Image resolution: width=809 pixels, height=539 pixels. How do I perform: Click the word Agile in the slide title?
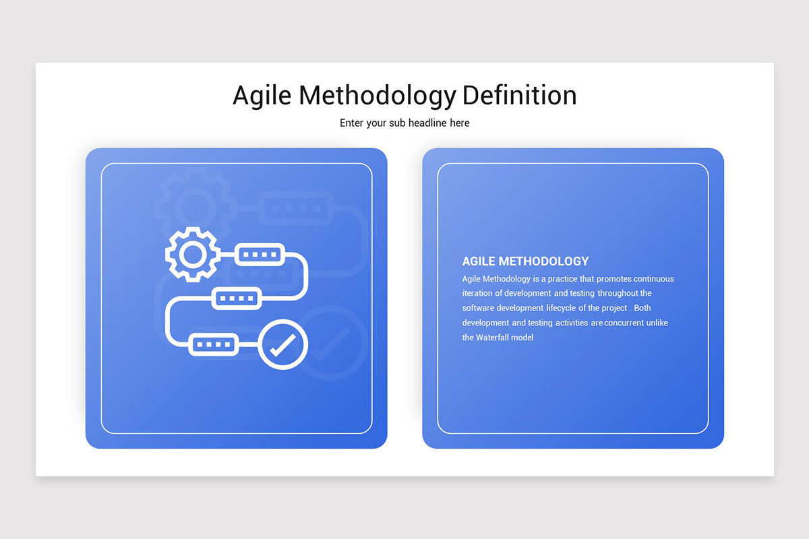262,96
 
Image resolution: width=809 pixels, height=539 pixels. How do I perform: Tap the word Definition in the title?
519,95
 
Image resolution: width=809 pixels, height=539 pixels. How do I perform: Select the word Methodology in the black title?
378,96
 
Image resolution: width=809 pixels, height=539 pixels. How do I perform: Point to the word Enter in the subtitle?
352,123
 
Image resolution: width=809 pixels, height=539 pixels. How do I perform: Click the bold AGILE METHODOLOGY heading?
525,261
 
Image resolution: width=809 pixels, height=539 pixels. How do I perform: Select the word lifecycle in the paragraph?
561,308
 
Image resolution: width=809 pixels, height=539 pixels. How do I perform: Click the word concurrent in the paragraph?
624,323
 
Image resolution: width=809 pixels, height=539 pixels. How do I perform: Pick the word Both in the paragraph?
642,308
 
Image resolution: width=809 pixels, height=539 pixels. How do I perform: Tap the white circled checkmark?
282,344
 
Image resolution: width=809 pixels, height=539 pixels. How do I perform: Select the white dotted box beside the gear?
260,255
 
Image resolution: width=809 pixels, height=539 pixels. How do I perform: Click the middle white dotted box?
237,298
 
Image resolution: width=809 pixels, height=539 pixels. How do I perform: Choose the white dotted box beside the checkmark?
214,344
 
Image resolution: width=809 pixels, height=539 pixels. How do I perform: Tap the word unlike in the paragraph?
657,323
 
